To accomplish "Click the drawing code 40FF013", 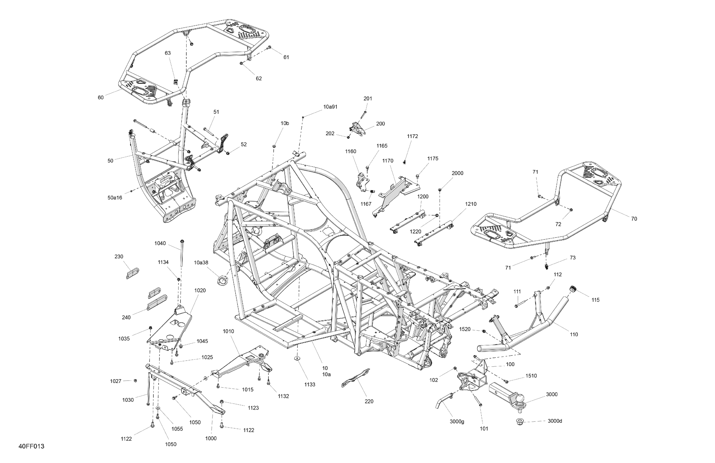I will click(31, 446).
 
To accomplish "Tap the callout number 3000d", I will click(555, 421).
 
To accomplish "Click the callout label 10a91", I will click(330, 107).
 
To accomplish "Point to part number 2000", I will click(457, 173).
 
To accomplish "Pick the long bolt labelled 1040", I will click(182, 253).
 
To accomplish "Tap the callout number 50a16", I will click(115, 198).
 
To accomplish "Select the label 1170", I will click(387, 161).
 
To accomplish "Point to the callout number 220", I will click(369, 401).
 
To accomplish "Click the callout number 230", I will click(119, 257).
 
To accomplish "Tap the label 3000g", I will click(457, 422).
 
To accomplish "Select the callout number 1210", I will click(471, 204).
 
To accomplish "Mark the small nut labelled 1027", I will click(135, 380).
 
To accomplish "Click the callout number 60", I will click(101, 98).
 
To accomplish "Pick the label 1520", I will click(465, 329).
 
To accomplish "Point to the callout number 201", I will click(368, 98).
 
